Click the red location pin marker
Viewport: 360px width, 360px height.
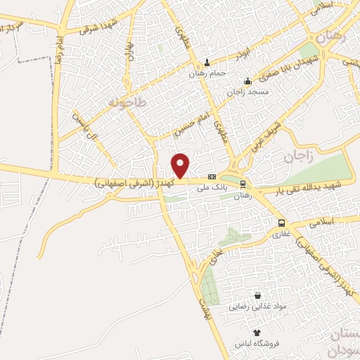point(181,165)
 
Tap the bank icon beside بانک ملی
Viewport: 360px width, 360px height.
point(212,176)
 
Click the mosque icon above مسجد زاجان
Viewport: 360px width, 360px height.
point(247,80)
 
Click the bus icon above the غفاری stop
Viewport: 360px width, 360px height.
point(281,223)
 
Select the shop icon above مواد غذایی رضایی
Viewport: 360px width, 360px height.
point(257,296)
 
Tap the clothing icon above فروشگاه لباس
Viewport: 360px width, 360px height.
point(257,333)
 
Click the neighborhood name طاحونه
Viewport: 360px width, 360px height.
point(127,103)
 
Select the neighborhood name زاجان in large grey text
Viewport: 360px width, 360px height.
point(298,156)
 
